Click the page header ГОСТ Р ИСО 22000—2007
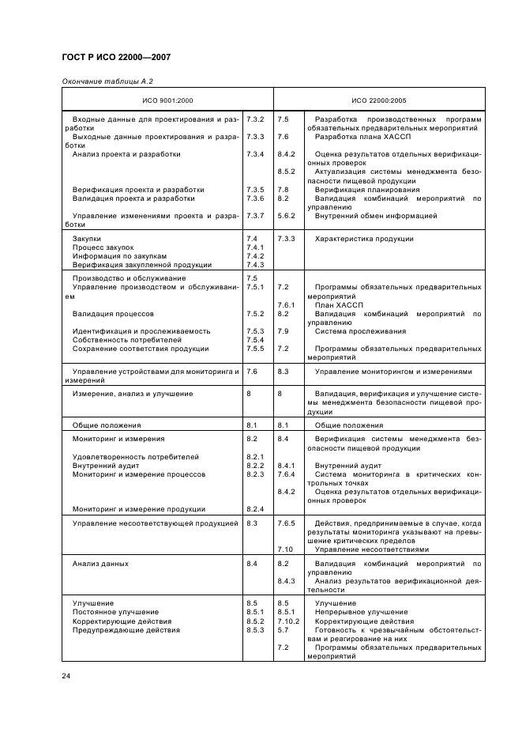coord(116,58)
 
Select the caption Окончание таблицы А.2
coord(96,81)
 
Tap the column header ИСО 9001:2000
coord(167,100)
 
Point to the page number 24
coord(66,674)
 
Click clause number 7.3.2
coord(254,119)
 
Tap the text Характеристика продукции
coord(364,239)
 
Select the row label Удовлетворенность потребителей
coord(135,457)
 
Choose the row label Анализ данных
coord(100,564)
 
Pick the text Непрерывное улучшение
coord(361,612)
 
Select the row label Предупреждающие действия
coord(126,630)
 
